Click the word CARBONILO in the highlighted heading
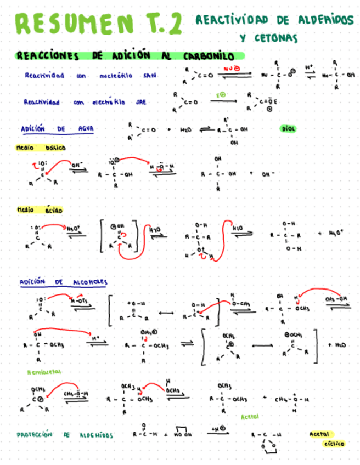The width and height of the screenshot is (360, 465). coord(205,56)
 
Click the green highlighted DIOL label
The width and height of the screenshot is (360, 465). coord(288,129)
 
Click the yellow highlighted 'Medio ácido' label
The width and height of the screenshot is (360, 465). coord(40,210)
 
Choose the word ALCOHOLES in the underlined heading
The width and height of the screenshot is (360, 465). coord(90,282)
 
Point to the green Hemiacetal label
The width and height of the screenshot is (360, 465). coord(44,372)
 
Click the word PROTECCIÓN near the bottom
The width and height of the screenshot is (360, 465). coord(34,435)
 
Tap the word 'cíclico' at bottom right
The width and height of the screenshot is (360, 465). coord(334,443)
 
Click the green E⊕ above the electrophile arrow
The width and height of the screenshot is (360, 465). coord(221,95)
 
